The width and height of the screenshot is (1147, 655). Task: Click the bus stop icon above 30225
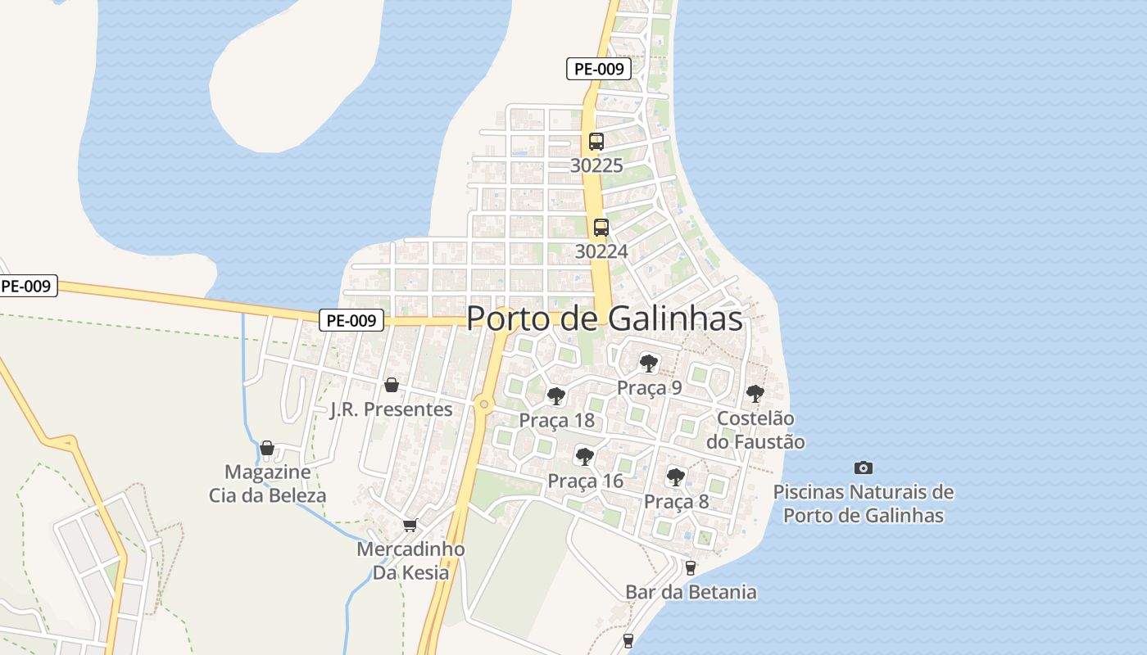[x=596, y=141]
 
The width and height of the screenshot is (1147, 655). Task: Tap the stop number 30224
[x=601, y=251]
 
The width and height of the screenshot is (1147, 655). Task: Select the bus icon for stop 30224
[x=601, y=228]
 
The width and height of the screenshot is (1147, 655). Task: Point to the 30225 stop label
[x=596, y=165]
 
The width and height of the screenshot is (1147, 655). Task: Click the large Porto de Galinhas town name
[x=605, y=319]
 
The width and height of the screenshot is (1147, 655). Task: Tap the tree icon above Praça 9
[x=649, y=363]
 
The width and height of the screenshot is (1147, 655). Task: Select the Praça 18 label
[x=556, y=421]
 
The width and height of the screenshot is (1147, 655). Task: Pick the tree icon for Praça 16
[x=584, y=457]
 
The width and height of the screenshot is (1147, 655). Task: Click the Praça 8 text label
[x=676, y=502]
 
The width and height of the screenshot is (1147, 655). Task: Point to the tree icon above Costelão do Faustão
[x=755, y=394]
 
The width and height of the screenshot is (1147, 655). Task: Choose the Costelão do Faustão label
[x=755, y=431]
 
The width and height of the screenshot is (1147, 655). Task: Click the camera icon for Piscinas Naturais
[x=863, y=468]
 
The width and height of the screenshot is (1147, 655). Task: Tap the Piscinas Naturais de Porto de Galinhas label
[x=864, y=504]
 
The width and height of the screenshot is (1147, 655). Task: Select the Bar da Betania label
[x=691, y=592]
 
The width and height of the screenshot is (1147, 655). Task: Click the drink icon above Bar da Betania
[x=690, y=567]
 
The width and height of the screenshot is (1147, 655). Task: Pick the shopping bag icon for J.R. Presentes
[x=392, y=385]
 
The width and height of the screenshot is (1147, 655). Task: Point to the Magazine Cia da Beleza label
[x=267, y=484]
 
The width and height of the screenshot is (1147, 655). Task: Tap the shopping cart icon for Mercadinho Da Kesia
[x=410, y=525]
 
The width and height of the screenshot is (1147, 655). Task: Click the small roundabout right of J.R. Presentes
[x=484, y=404]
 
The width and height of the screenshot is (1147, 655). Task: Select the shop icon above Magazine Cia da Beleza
[x=266, y=448]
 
